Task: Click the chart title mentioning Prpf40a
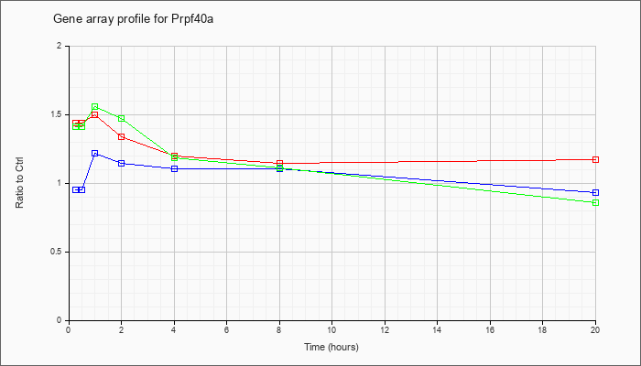[x=134, y=19]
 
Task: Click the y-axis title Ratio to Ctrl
[x=19, y=183]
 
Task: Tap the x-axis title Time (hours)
[x=331, y=347]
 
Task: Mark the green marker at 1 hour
[x=95, y=107]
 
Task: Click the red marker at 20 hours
[x=595, y=160]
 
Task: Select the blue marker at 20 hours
[x=595, y=193]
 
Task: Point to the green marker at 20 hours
[x=595, y=203]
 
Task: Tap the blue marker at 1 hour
[x=95, y=153]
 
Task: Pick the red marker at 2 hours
[x=122, y=137]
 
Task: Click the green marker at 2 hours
[x=122, y=118]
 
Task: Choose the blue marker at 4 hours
[x=175, y=168]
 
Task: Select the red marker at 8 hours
[x=279, y=164]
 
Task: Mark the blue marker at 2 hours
[x=122, y=164]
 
